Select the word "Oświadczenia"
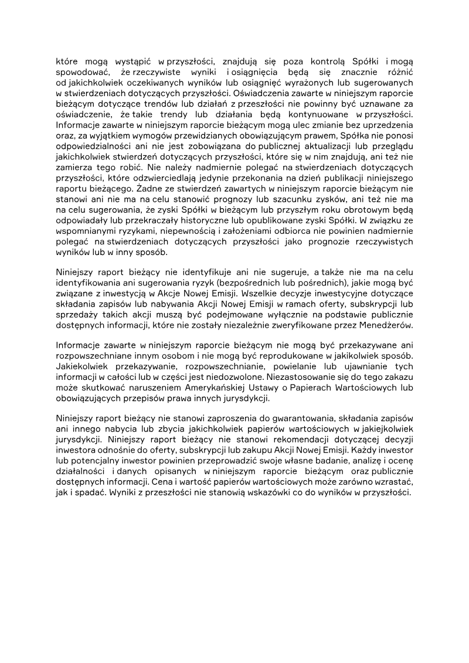261,93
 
